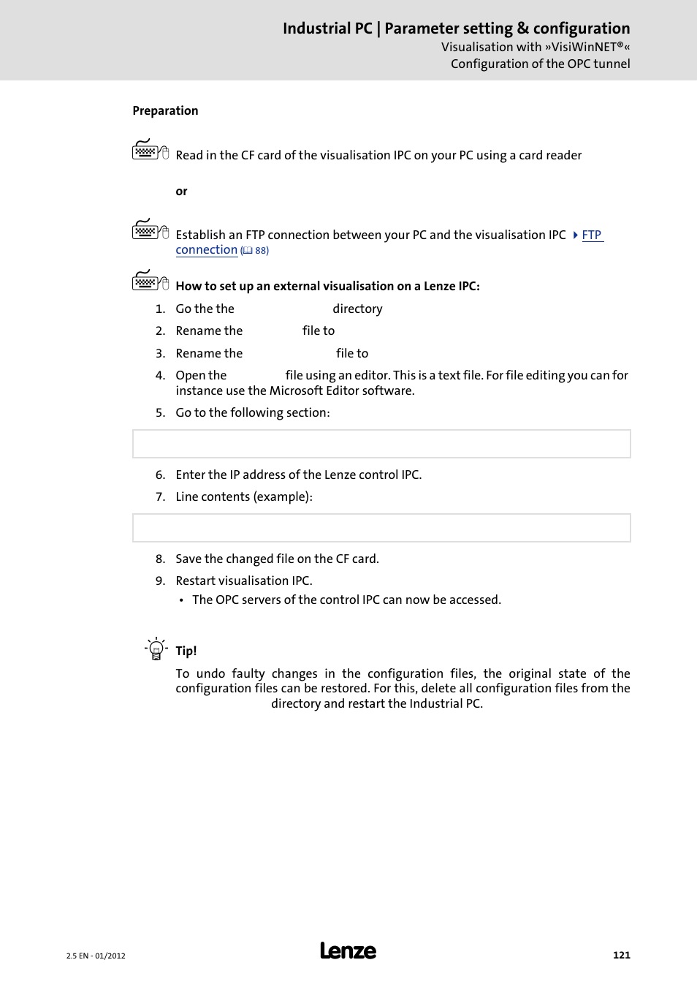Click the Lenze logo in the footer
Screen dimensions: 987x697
click(348, 950)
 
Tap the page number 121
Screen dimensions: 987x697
click(621, 955)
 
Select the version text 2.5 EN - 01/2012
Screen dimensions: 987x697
click(96, 956)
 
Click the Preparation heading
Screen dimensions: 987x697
click(165, 110)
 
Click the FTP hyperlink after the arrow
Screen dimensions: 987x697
click(592, 235)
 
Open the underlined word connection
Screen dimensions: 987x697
click(206, 250)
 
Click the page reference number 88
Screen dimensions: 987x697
click(261, 251)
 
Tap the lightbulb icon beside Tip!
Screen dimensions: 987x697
click(156, 648)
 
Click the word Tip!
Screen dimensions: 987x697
click(186, 651)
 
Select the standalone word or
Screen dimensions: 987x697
click(181, 192)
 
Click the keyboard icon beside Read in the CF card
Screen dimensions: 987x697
click(150, 150)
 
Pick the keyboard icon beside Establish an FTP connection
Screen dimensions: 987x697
click(150, 230)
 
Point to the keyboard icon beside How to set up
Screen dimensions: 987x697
click(150, 281)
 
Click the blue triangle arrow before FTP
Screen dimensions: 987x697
click(576, 235)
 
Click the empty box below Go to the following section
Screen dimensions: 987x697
click(381, 444)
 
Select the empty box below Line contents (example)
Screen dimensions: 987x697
click(381, 528)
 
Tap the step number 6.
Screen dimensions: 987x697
click(160, 475)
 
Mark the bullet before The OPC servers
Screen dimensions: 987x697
click(182, 600)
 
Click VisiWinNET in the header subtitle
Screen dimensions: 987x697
click(584, 47)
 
